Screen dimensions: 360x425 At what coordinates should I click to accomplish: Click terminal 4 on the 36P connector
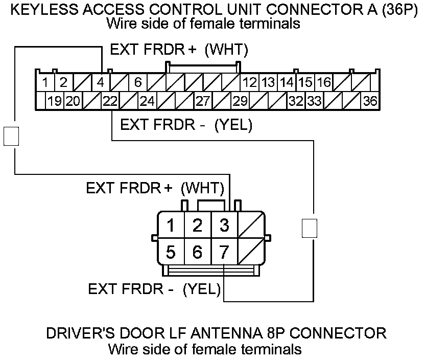(x=101, y=82)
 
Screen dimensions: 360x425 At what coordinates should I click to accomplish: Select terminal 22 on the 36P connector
(x=110, y=101)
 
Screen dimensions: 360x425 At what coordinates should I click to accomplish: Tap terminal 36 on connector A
(x=370, y=101)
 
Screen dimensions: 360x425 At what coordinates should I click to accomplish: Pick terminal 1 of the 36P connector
(x=45, y=82)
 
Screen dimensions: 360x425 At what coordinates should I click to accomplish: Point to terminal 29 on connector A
(x=240, y=101)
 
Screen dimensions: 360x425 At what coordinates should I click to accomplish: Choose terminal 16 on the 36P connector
(x=323, y=82)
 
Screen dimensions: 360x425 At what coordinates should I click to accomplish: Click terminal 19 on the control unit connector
(x=55, y=101)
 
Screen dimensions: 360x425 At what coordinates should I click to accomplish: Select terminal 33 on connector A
(x=314, y=101)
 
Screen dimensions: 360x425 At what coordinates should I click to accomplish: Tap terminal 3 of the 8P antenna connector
(x=224, y=225)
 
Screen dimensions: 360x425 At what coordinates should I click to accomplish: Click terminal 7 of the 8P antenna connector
(x=224, y=252)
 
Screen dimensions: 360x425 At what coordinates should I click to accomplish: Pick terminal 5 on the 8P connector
(x=172, y=252)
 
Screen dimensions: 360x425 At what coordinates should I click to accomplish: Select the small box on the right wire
(x=309, y=228)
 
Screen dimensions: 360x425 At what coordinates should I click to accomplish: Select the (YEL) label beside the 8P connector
(x=201, y=289)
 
